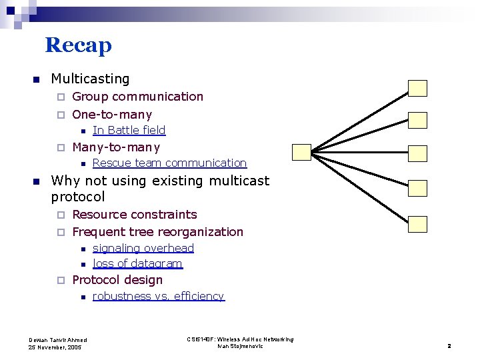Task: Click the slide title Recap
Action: (x=78, y=45)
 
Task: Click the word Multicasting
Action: (x=90, y=79)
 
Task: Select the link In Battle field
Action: (x=129, y=130)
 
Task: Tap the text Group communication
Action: (x=137, y=97)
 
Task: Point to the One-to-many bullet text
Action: (x=112, y=114)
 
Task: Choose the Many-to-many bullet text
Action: (x=116, y=147)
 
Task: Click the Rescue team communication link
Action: (x=169, y=163)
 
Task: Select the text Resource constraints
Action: (x=135, y=215)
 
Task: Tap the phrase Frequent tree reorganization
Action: (x=157, y=232)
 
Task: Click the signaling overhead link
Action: (x=143, y=248)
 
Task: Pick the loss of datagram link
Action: (x=137, y=263)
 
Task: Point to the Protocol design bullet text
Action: (x=117, y=280)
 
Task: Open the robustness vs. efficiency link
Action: (x=158, y=296)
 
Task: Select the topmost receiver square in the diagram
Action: (x=417, y=88)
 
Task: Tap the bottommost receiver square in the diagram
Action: (x=417, y=224)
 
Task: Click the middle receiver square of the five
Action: (x=417, y=153)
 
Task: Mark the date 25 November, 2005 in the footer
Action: (x=55, y=347)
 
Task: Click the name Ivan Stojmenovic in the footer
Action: (x=240, y=347)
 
